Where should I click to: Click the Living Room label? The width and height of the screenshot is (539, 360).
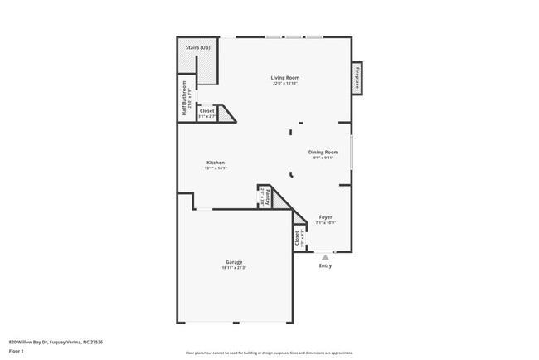(x=284, y=78)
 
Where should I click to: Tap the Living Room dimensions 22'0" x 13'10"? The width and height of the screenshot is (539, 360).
(x=284, y=84)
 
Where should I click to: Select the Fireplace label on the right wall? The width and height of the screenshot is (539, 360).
(x=358, y=78)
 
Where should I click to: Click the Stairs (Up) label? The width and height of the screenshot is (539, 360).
(x=197, y=47)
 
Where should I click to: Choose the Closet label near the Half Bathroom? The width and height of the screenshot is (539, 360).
(x=207, y=110)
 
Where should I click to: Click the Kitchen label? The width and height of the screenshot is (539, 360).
(x=216, y=163)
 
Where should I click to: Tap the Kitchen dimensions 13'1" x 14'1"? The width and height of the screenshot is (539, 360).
(x=216, y=168)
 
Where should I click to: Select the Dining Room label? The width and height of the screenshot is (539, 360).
(x=323, y=152)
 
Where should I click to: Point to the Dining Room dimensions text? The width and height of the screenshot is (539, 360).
(x=323, y=158)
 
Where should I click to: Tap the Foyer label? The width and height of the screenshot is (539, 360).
(x=326, y=217)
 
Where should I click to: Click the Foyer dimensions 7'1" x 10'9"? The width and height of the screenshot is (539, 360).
(x=326, y=223)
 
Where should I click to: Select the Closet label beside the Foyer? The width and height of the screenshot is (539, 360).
(x=296, y=238)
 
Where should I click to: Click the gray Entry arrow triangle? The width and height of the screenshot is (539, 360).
(x=325, y=257)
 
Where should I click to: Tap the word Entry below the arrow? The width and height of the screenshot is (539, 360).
(x=325, y=265)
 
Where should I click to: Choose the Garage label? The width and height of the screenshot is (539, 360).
(x=234, y=262)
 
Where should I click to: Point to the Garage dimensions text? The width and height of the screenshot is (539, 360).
(x=234, y=268)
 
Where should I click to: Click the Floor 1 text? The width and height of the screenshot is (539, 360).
(x=17, y=351)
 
